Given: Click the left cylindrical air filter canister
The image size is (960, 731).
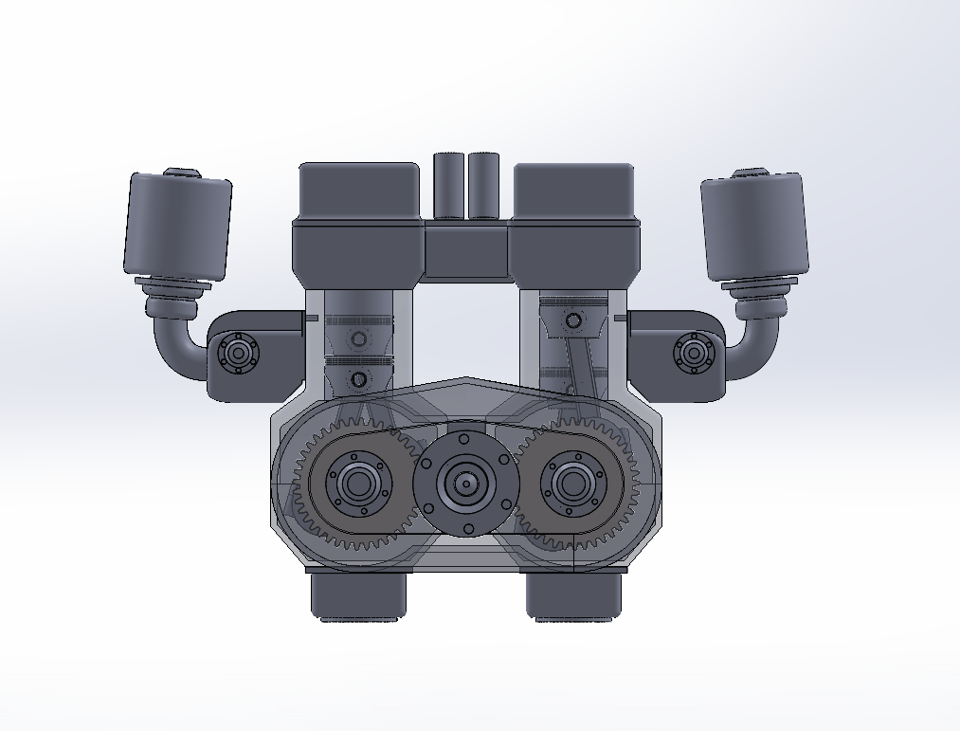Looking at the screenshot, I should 178,226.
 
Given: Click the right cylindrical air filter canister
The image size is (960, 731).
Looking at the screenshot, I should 754,226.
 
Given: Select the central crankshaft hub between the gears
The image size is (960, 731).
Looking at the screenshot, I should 466,484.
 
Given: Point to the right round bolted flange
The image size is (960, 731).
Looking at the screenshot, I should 693,354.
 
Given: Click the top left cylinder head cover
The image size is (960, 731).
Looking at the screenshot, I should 359,190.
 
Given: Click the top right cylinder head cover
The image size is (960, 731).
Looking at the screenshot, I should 573,190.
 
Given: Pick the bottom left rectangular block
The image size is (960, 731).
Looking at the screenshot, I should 358,595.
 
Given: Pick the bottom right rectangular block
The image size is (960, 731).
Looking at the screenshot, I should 574,595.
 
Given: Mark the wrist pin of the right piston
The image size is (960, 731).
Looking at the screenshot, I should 572,320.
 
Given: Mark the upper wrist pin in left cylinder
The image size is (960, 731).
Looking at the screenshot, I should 358,339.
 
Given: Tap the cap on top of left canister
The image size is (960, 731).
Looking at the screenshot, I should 182,173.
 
